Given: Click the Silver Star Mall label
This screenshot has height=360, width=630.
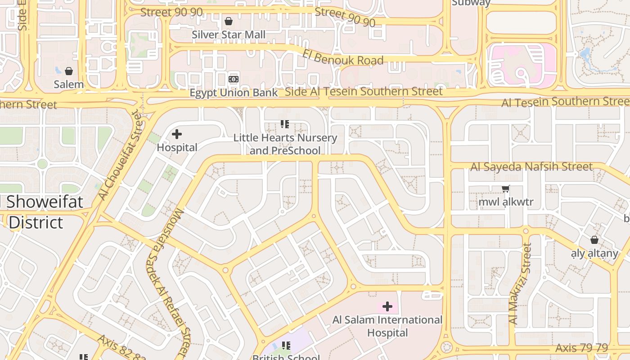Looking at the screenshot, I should coord(229,35).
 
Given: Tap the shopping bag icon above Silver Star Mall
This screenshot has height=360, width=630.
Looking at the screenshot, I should coord(229,21).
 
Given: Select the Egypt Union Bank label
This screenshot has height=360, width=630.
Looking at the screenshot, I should coord(234,93).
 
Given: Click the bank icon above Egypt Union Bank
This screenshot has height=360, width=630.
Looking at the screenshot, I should coord(234,79).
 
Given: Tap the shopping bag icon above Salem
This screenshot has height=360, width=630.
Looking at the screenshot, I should coord(69,71).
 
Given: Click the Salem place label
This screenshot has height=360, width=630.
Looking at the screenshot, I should coord(69,84).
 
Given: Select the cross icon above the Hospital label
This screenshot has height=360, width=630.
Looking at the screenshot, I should coord(177,134).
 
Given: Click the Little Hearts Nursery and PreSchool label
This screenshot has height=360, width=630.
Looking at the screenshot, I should coord(285,144).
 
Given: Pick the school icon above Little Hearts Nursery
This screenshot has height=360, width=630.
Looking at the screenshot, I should coord(284,124).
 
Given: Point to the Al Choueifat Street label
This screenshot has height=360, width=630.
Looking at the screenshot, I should coord(120,155).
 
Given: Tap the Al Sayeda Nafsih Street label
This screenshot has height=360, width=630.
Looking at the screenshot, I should coord(531,167).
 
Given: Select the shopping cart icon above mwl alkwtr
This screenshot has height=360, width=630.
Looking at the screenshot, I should coord(506,189).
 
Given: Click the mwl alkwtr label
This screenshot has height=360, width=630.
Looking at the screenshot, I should coord(506,202).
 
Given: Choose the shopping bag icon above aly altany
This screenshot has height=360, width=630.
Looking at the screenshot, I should coord(594,240).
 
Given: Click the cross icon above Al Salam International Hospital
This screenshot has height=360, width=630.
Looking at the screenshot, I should coord(387,307).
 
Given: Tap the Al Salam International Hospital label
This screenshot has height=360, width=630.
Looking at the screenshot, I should coord(387,326).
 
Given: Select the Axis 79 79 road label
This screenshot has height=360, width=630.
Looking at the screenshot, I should coord(581,348).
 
